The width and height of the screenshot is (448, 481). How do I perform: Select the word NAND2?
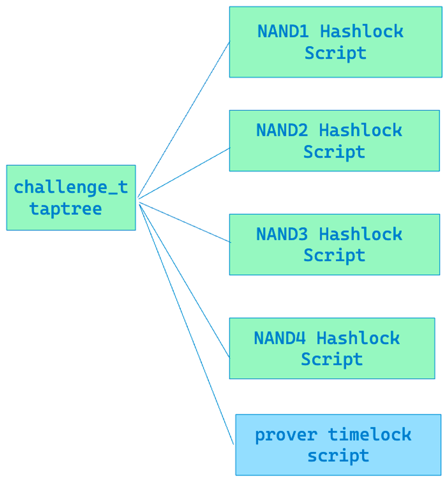[x=282, y=131]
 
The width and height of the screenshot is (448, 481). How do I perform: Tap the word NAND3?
[x=282, y=234]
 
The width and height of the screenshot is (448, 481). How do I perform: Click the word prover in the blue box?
[x=286, y=435]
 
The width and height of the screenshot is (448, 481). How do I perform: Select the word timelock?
[x=370, y=435]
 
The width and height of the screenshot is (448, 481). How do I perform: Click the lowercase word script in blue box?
[x=338, y=456]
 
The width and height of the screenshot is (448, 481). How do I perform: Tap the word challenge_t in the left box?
[x=70, y=188]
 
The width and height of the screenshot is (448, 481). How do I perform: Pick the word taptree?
[x=66, y=209]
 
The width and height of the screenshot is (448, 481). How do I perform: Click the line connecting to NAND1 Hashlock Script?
[x=184, y=120]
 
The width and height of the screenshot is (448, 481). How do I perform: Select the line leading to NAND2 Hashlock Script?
[x=184, y=173]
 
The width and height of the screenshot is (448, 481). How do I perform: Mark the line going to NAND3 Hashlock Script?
[x=184, y=222]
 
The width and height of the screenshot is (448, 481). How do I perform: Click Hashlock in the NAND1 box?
[x=362, y=32]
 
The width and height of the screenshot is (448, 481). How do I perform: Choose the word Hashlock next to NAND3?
[x=360, y=234]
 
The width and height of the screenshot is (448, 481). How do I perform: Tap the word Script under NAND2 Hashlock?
[x=334, y=152]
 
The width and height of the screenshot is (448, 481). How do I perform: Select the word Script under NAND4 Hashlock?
[x=331, y=359]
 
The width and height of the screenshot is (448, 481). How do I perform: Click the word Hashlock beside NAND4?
[x=357, y=338]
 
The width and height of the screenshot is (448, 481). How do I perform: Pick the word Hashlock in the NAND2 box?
[x=360, y=131]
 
